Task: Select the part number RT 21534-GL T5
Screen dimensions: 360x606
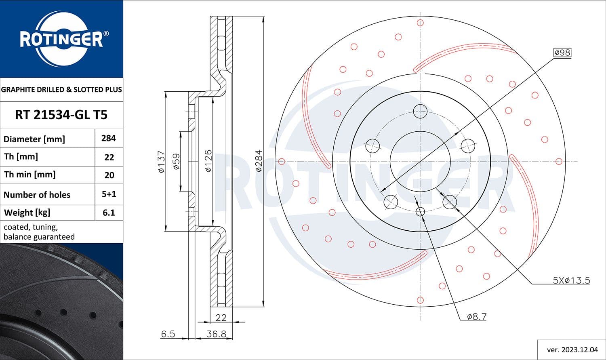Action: (x=61, y=115)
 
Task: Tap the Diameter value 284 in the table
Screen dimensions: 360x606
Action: (x=109, y=138)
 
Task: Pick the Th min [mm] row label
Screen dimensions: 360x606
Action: (x=29, y=175)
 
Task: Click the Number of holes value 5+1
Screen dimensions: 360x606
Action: (x=109, y=194)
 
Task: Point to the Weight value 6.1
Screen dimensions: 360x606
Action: (x=109, y=213)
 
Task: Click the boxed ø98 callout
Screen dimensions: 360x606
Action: (x=562, y=53)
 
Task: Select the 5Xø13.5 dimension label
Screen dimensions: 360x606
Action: (x=571, y=280)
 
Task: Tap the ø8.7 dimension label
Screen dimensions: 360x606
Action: (x=476, y=317)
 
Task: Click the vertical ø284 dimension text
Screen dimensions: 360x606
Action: (x=259, y=161)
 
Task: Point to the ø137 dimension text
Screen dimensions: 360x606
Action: (x=162, y=162)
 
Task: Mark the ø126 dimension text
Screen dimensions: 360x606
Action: (x=208, y=161)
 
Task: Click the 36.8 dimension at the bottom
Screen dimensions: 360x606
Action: (x=216, y=334)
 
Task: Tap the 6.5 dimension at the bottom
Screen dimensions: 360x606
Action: (x=168, y=334)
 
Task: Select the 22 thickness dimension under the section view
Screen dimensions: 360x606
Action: (x=221, y=318)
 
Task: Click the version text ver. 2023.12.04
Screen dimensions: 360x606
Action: (x=571, y=349)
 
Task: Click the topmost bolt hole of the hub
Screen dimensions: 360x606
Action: (x=420, y=111)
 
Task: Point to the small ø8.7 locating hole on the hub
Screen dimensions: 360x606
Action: (x=420, y=211)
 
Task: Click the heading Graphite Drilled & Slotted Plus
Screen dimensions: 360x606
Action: (x=61, y=89)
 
